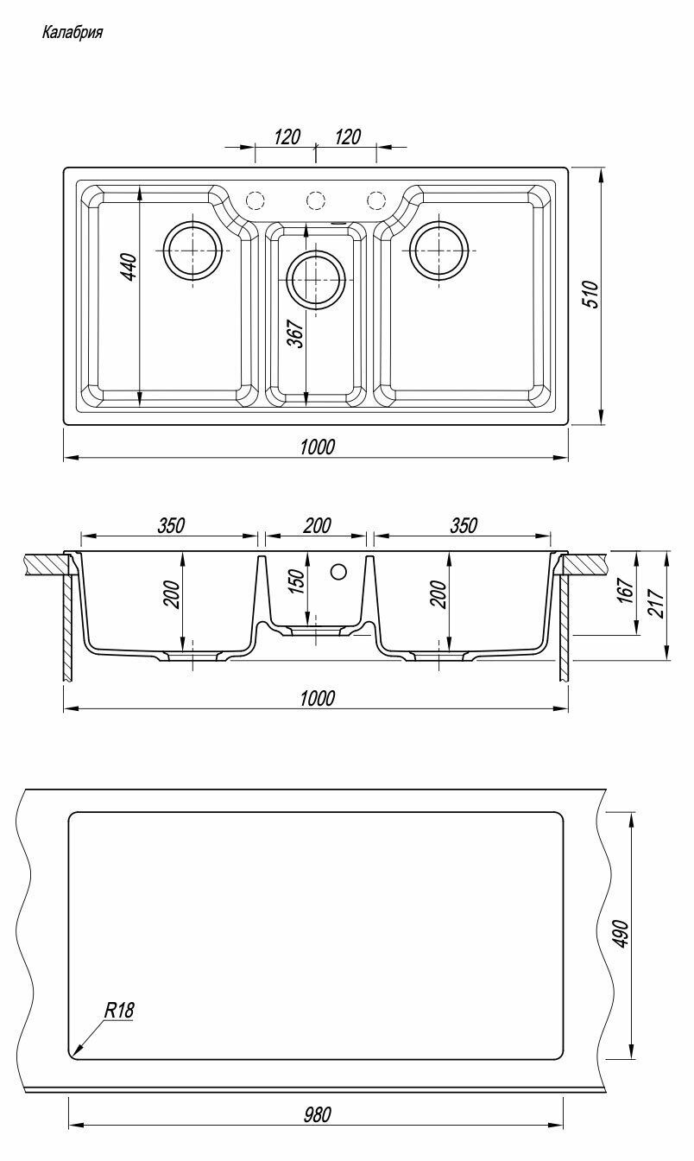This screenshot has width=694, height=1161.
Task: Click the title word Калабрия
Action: coord(72,33)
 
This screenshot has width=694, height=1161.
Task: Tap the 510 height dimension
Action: coord(591,295)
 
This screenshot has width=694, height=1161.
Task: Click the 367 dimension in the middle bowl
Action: coord(295,334)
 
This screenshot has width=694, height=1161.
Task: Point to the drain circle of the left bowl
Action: coord(192,251)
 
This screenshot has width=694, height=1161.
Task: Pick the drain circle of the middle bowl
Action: coord(316,280)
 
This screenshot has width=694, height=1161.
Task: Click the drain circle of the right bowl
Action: coord(439,251)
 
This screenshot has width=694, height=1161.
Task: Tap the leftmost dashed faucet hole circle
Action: coord(255,200)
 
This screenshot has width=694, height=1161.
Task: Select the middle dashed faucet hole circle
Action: coord(316,200)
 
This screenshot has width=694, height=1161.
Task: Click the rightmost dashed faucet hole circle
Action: coord(376,200)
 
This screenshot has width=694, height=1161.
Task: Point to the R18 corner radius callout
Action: coord(119,1010)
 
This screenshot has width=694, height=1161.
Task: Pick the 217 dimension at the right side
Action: coord(656,602)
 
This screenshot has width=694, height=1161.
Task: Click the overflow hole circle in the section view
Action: coord(338,572)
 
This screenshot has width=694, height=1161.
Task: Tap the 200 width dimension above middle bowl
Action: coord(317,525)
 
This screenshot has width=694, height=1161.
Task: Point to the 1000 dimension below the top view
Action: coord(317,447)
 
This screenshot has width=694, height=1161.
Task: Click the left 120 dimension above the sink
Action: coord(287,136)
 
